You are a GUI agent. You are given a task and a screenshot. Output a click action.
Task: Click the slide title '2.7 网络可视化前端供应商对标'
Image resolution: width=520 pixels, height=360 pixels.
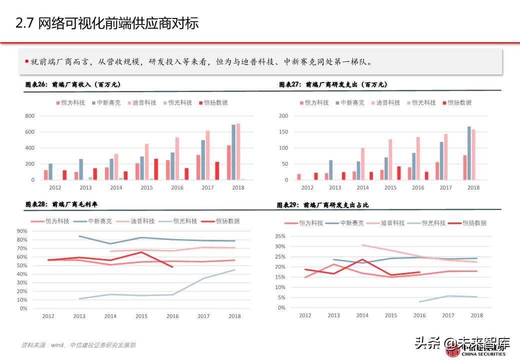pos(107,23)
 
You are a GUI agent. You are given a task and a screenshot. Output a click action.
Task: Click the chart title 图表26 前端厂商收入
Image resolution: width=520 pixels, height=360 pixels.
pos(73,85)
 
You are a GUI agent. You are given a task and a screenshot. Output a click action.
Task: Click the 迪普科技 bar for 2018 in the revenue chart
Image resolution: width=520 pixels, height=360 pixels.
pos(238,151)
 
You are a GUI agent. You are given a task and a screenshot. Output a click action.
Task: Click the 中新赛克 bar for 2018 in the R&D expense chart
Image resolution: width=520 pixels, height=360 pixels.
pos(469,153)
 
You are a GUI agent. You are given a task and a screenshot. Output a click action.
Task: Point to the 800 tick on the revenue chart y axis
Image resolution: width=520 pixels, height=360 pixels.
pos(30,116)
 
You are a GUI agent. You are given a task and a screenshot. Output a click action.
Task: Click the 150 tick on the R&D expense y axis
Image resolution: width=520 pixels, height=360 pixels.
pos(283,132)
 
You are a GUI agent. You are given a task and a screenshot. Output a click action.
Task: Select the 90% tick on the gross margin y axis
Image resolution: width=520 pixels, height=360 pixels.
pos(22,231)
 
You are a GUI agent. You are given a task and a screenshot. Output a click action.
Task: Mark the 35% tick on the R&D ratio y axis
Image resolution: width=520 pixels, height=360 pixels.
pos(279,236)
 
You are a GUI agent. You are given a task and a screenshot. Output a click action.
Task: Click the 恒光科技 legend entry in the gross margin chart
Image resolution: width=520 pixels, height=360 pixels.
pos(184,221)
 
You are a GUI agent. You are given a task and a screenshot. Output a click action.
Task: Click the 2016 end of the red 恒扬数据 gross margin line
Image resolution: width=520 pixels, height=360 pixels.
pos(172,267)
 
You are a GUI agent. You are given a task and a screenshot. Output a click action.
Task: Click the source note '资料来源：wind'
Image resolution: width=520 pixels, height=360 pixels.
pos(40,345)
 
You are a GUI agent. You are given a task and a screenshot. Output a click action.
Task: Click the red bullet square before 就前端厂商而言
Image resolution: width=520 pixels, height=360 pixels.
pos(26,61)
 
